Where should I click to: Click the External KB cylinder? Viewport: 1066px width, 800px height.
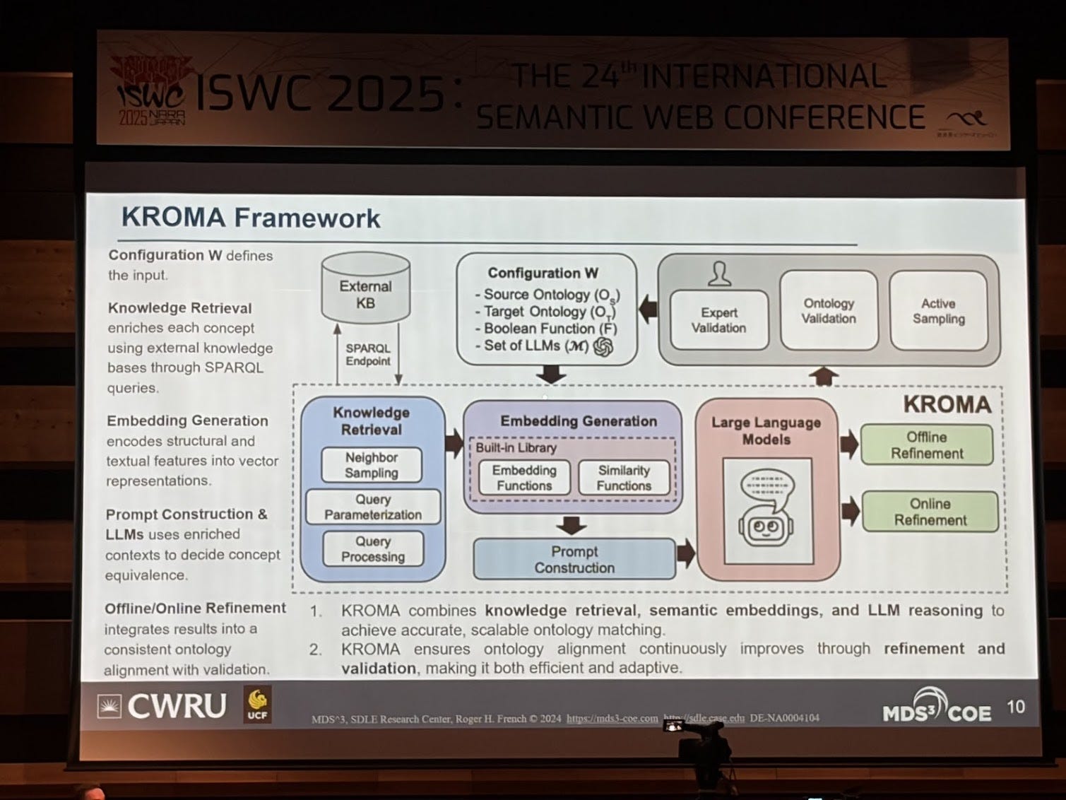pyautogui.click(x=365, y=290)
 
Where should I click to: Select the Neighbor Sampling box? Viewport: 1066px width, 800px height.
pyautogui.click(x=372, y=465)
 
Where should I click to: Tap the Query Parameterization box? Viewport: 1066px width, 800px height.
pyautogui.click(x=373, y=507)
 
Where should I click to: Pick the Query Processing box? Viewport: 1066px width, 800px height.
pyautogui.click(x=373, y=549)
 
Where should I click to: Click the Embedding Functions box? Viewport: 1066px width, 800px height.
pyautogui.click(x=524, y=478)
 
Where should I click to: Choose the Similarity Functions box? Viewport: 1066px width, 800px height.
pyautogui.click(x=624, y=478)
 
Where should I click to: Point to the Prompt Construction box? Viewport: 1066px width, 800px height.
pyautogui.click(x=574, y=559)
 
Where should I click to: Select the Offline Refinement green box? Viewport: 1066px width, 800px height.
pyautogui.click(x=927, y=445)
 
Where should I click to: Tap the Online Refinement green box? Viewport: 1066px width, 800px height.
pyautogui.click(x=930, y=512)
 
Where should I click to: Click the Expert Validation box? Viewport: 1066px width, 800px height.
pyautogui.click(x=719, y=320)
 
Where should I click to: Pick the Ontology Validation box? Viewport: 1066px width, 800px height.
pyautogui.click(x=829, y=311)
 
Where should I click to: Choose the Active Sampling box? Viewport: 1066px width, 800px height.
pyautogui.click(x=938, y=311)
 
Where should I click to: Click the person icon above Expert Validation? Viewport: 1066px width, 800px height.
pyautogui.click(x=720, y=273)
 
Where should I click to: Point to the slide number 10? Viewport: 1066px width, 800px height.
pyautogui.click(x=1016, y=707)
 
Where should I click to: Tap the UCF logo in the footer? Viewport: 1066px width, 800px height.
pyautogui.click(x=257, y=705)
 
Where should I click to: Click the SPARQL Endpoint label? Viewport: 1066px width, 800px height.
pyautogui.click(x=367, y=355)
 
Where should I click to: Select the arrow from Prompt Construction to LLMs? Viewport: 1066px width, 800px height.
pyautogui.click(x=685, y=553)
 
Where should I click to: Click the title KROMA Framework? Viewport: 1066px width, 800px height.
pyautogui.click(x=251, y=218)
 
